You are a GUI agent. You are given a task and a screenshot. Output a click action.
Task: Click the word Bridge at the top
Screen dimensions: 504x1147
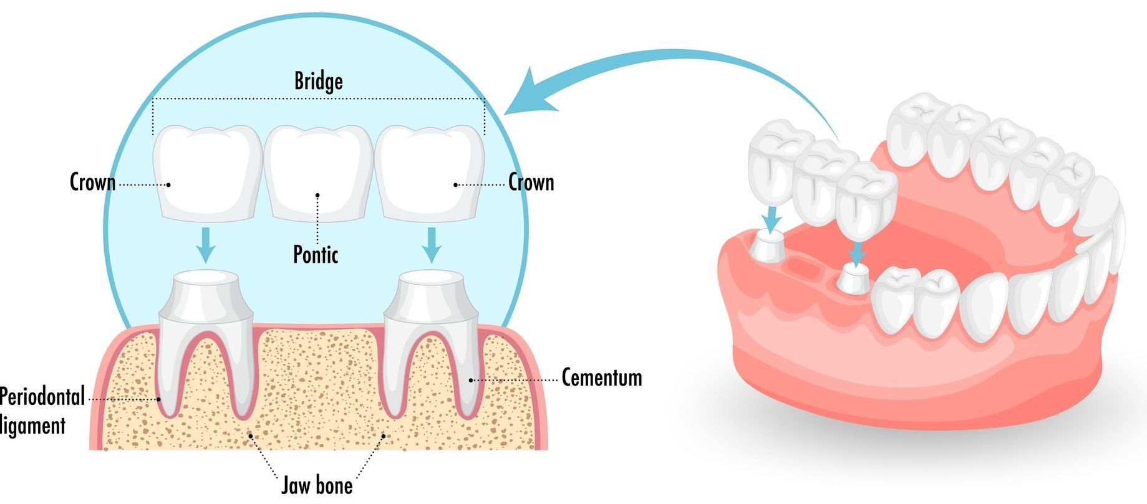point(318,81)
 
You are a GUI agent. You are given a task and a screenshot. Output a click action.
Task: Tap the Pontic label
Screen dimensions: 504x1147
point(316,254)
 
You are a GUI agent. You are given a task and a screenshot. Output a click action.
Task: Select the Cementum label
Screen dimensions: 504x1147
point(601,378)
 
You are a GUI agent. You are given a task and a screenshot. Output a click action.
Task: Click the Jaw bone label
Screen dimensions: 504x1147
point(317,485)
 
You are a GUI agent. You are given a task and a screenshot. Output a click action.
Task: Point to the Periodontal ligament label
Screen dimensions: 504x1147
point(37,410)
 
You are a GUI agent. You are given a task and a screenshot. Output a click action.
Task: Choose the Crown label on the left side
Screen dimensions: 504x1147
point(92,183)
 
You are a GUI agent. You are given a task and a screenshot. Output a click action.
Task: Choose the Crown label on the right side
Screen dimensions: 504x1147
point(531,183)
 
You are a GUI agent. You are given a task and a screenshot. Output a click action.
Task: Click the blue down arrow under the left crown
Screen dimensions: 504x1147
point(205,245)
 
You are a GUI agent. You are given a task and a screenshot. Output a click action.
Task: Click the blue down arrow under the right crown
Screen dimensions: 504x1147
point(430,245)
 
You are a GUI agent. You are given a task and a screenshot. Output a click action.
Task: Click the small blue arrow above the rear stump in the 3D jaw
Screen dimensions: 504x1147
point(772,219)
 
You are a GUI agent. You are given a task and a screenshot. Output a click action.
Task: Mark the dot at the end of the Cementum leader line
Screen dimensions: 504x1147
point(471,379)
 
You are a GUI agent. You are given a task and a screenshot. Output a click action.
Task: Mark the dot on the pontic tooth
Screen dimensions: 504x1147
point(317,195)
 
